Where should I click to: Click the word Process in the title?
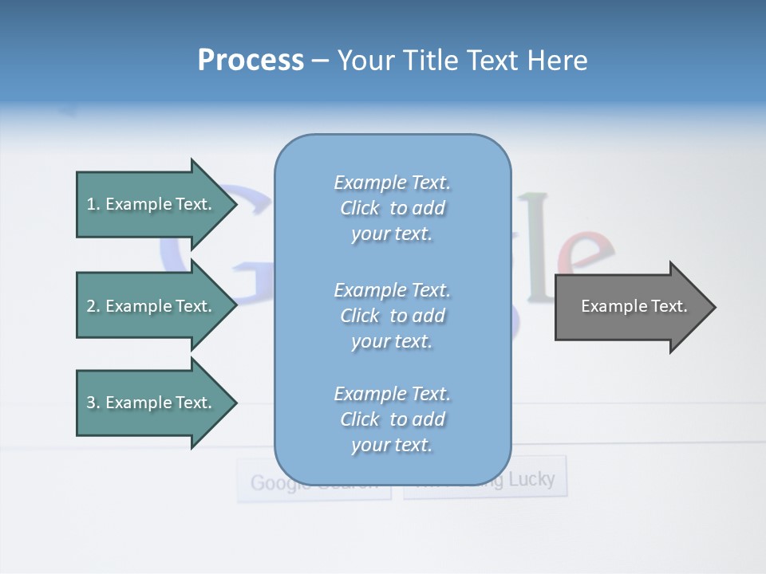[x=251, y=61]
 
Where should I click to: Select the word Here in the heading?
[x=556, y=61]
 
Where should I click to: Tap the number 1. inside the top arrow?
[x=93, y=204]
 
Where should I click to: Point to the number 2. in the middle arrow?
[x=93, y=306]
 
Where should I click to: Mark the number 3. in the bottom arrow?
[x=93, y=403]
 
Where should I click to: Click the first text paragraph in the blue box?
[x=392, y=208]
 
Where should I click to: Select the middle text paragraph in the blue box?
[x=392, y=316]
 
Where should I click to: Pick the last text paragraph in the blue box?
[x=392, y=419]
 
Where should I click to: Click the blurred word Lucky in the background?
[x=531, y=479]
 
